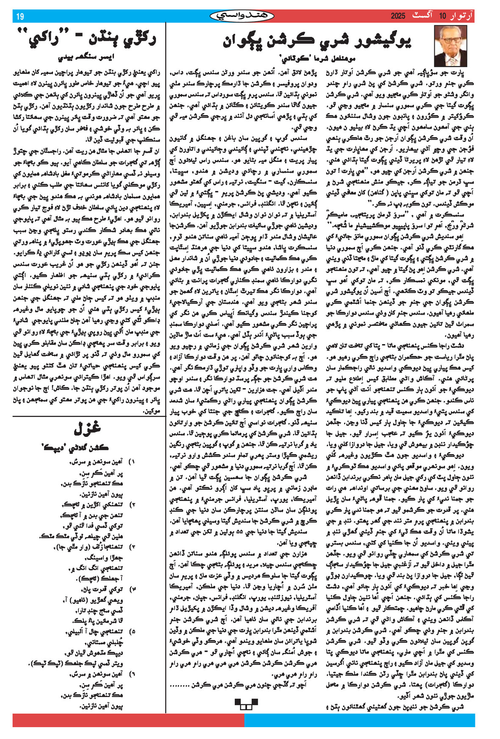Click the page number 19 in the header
(x=20, y=17)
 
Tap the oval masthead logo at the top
(x=242, y=16)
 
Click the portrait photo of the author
(x=450, y=46)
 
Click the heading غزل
(x=88, y=428)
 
